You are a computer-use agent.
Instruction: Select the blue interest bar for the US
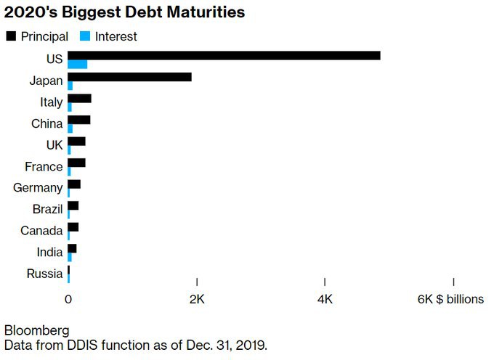pos(77,65)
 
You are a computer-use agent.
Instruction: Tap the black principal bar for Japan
pos(129,77)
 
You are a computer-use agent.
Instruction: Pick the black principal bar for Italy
pos(79,98)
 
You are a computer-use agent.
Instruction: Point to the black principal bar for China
pos(78,120)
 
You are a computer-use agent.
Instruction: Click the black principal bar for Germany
pos(74,184)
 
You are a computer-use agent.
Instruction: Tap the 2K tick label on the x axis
pos(197,299)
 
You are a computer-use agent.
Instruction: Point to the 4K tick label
pos(325,299)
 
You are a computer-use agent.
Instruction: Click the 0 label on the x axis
pos(68,299)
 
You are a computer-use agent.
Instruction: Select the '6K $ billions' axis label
pos(450,299)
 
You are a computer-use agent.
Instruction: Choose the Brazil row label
pos(46,210)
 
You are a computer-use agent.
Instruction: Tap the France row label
pos(44,167)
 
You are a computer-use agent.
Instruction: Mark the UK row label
pos(54,145)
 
